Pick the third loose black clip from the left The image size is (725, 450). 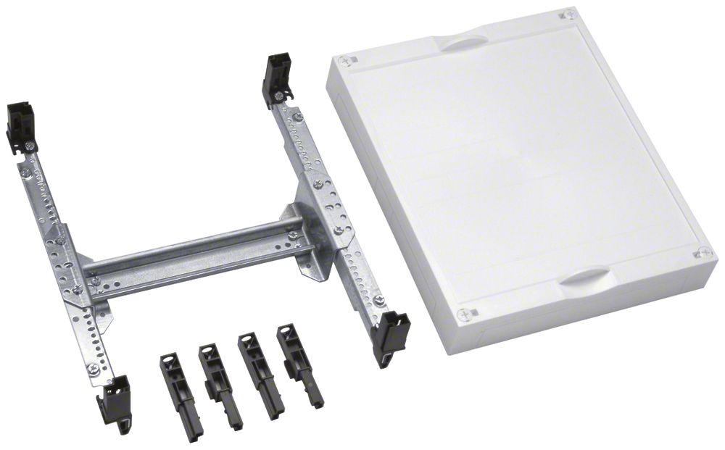click(x=260, y=373)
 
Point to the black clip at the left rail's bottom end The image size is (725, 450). click(x=117, y=401)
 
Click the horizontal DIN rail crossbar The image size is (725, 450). click(x=196, y=257)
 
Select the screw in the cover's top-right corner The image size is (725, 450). click(x=570, y=14)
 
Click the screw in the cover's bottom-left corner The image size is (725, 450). click(x=463, y=314)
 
